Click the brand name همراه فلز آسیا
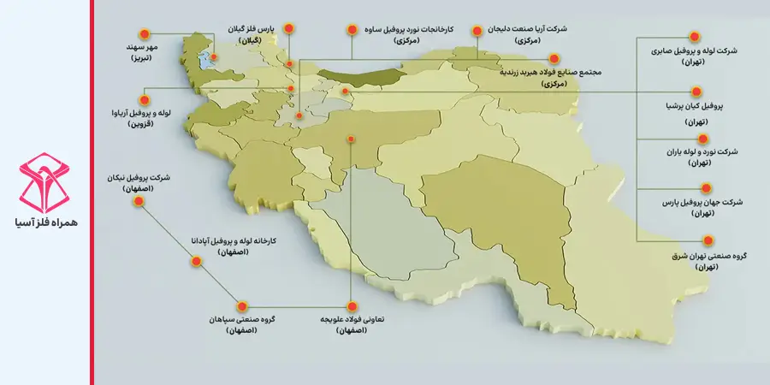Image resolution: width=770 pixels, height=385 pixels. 46,220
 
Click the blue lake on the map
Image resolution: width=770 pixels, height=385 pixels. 205,62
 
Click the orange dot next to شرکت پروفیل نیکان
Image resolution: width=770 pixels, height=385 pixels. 138,203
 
